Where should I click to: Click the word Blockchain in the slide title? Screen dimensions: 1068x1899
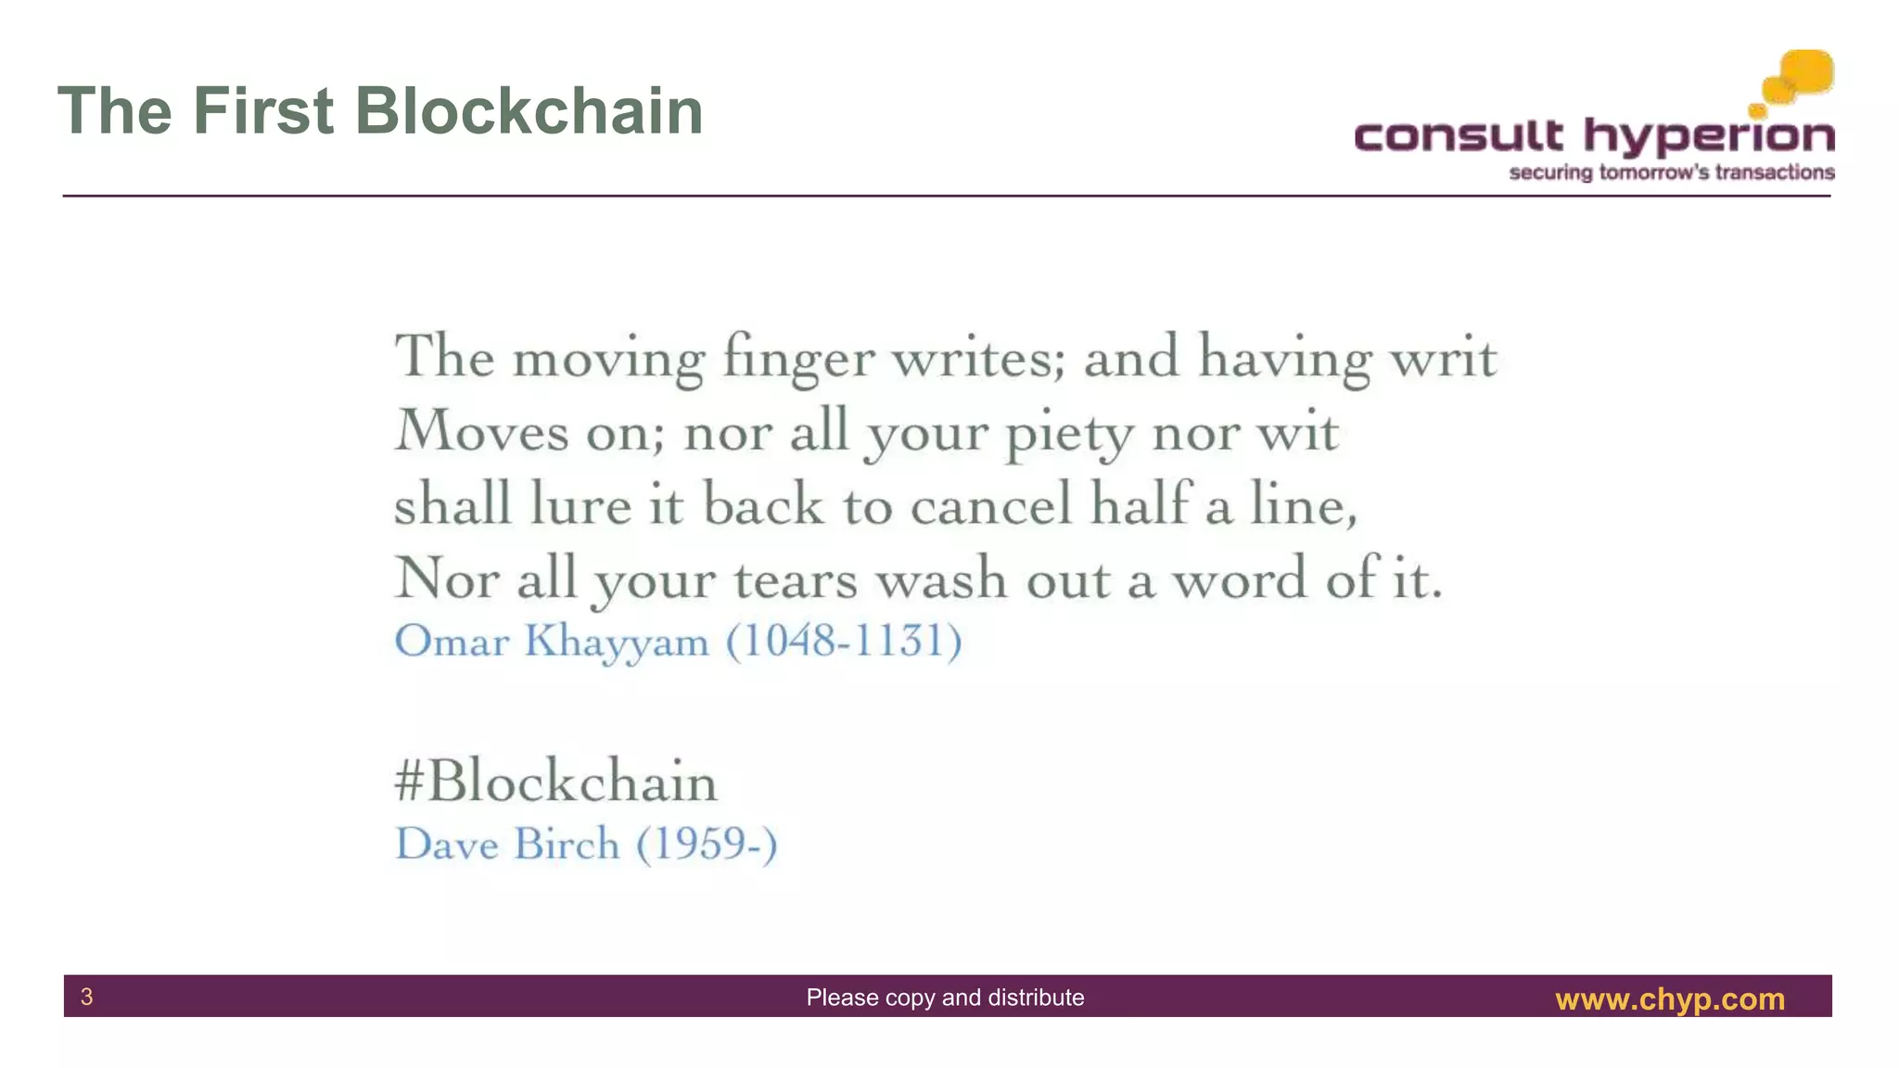pos(529,111)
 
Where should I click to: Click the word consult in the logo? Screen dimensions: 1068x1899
pos(1459,137)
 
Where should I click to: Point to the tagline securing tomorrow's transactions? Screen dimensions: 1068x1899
pos(1671,172)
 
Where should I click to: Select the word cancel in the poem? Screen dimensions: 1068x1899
pos(990,505)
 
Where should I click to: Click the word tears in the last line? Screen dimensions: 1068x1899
pos(796,580)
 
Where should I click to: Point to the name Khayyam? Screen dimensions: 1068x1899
pos(617,642)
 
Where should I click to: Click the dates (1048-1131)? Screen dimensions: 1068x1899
pos(844,641)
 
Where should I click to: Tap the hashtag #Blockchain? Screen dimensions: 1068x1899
pos(555,781)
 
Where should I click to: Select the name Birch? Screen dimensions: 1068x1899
pos(567,844)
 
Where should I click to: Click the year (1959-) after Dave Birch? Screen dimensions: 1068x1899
pos(707,844)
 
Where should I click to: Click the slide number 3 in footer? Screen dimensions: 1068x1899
pos(87,997)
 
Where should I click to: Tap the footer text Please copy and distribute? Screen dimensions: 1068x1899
pos(945,998)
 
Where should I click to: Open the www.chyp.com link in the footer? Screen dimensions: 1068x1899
pos(1669,998)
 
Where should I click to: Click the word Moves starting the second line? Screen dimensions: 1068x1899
pos(481,432)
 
